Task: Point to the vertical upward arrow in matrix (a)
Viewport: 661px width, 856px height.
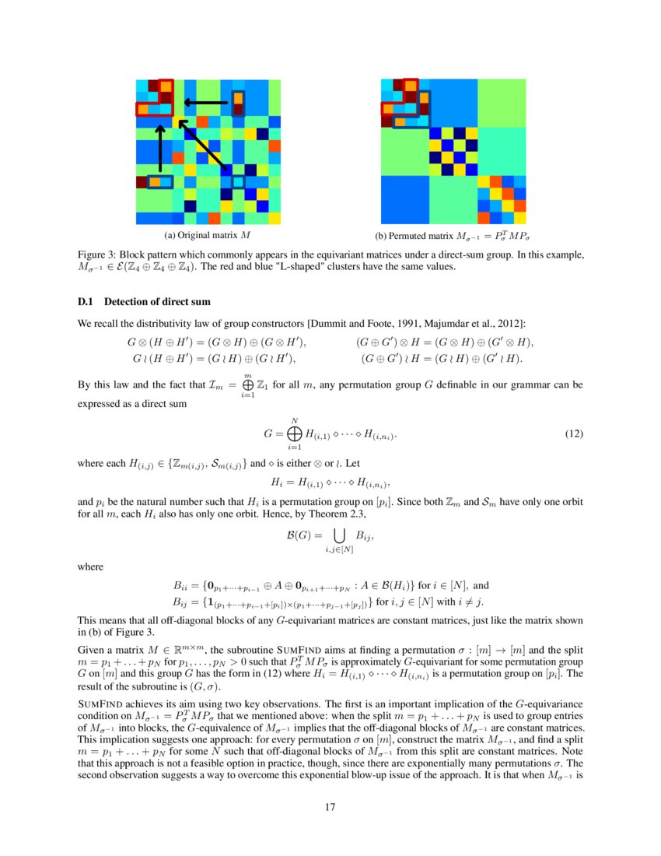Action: [x=159, y=148]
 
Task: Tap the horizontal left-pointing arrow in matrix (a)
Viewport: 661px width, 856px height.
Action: [x=206, y=102]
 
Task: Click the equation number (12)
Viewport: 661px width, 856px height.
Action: [x=573, y=433]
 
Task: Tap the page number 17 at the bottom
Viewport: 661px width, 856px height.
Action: [x=330, y=806]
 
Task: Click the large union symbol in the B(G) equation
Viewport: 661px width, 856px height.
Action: [x=340, y=535]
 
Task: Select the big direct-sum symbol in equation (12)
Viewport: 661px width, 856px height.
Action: [x=294, y=433]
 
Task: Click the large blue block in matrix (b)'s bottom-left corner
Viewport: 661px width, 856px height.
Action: [x=404, y=199]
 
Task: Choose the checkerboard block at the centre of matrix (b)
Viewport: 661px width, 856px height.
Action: [x=453, y=151]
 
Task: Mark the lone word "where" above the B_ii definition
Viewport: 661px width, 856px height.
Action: [x=91, y=567]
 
